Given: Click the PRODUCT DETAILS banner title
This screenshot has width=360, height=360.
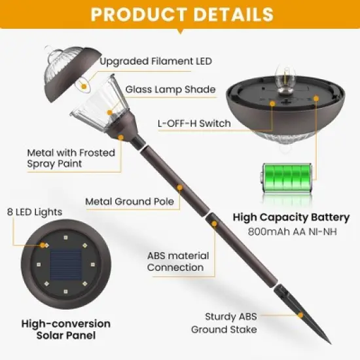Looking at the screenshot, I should pos(180,14).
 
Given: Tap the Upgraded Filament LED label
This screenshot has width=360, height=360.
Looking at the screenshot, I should pos(156,62).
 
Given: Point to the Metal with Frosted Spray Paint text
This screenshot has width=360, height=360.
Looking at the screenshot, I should pos(71,158).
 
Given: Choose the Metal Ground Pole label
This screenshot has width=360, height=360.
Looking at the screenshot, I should pos(130,202).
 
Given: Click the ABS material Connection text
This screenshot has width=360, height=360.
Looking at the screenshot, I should pos(178,261).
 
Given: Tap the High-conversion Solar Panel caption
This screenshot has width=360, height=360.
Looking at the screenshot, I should pos(65,329).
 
